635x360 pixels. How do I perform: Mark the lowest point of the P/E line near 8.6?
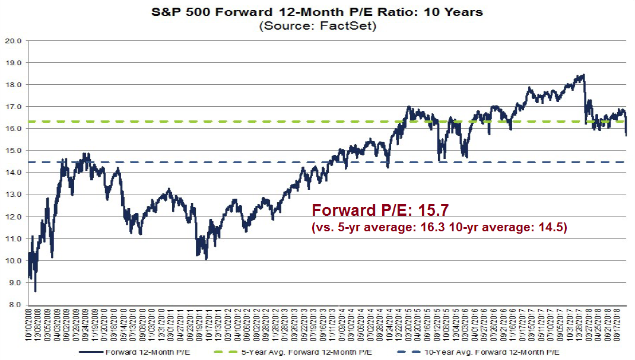pos(36,291)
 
